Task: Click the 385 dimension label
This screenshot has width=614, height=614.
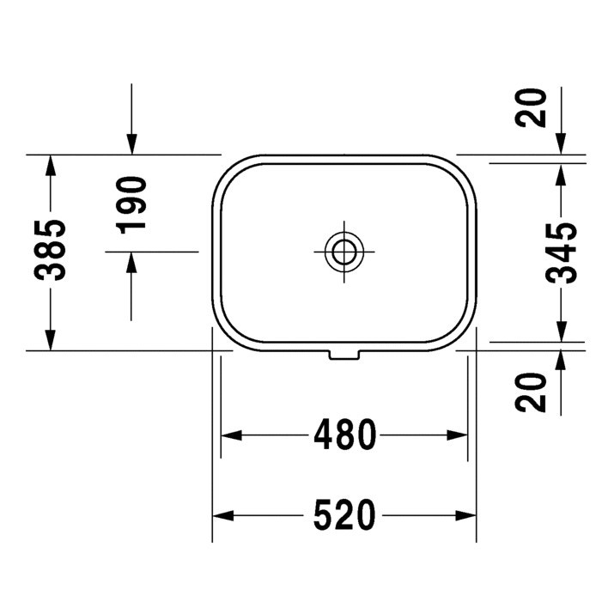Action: tap(50, 250)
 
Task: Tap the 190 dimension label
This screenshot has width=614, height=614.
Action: tap(131, 204)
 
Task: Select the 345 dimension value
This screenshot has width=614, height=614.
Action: tap(561, 253)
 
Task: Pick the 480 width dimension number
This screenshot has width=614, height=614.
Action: tap(344, 435)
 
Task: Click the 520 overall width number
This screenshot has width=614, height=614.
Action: tap(344, 515)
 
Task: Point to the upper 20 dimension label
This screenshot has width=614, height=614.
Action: tap(531, 107)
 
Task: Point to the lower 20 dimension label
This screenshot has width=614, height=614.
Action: tap(531, 392)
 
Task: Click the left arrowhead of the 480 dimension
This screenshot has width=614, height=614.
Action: tap(231, 435)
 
